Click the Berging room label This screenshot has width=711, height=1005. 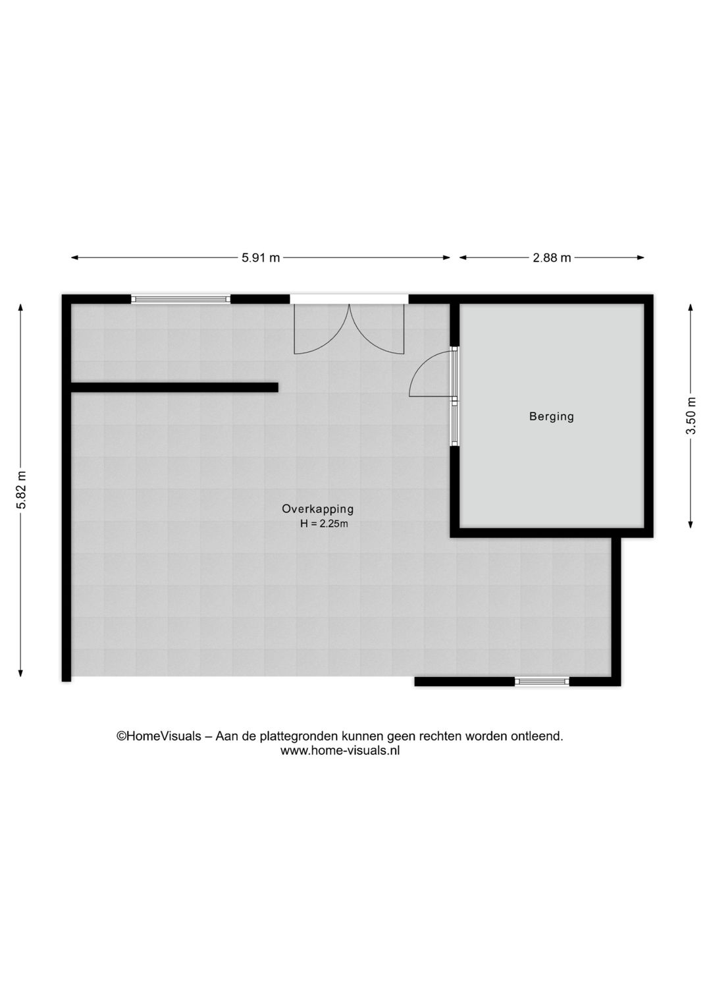click(x=551, y=416)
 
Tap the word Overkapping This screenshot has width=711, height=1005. click(x=317, y=508)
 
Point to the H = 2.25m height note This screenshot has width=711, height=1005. click(x=323, y=524)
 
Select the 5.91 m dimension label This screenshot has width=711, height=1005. click(x=261, y=258)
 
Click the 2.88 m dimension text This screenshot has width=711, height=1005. click(x=552, y=258)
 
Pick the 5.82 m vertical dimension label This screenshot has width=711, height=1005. click(x=21, y=489)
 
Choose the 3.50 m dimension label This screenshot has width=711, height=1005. click(x=691, y=416)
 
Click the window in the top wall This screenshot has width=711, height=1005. click(x=180, y=299)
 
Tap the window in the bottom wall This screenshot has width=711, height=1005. click(x=542, y=682)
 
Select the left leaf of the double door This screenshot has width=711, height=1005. click(x=320, y=329)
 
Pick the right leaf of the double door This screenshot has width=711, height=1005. click(x=377, y=329)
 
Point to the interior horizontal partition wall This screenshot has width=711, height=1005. click(x=174, y=387)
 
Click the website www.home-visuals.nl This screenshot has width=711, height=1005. click(x=340, y=751)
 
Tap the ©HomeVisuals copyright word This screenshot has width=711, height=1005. click(x=159, y=736)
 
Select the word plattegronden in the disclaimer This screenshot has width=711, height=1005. click(x=300, y=736)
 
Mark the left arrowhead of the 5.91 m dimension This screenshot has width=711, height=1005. click(x=74, y=258)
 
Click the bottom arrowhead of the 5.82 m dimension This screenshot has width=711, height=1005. click(x=21, y=672)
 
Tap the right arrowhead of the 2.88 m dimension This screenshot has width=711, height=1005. click(x=641, y=258)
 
